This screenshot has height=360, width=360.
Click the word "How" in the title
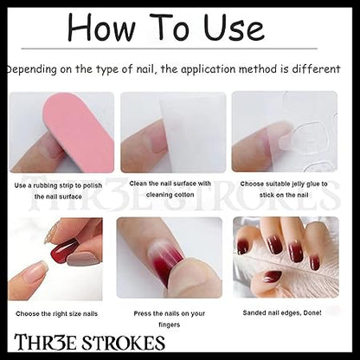coord(101,27)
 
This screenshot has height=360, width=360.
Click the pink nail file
coord(79,133)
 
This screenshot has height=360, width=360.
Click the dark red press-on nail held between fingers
coord(65,250)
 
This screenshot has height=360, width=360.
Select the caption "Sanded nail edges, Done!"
coord(282,312)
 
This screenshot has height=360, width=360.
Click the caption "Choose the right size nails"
coord(57,313)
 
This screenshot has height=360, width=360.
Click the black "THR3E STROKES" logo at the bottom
coord(90,342)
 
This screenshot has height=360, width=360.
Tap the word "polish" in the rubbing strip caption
coord(93,185)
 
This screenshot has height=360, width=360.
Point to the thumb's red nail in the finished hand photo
coord(270,277)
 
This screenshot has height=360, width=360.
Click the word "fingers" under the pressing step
coord(170,325)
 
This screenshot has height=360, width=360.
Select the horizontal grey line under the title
coord(170,48)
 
